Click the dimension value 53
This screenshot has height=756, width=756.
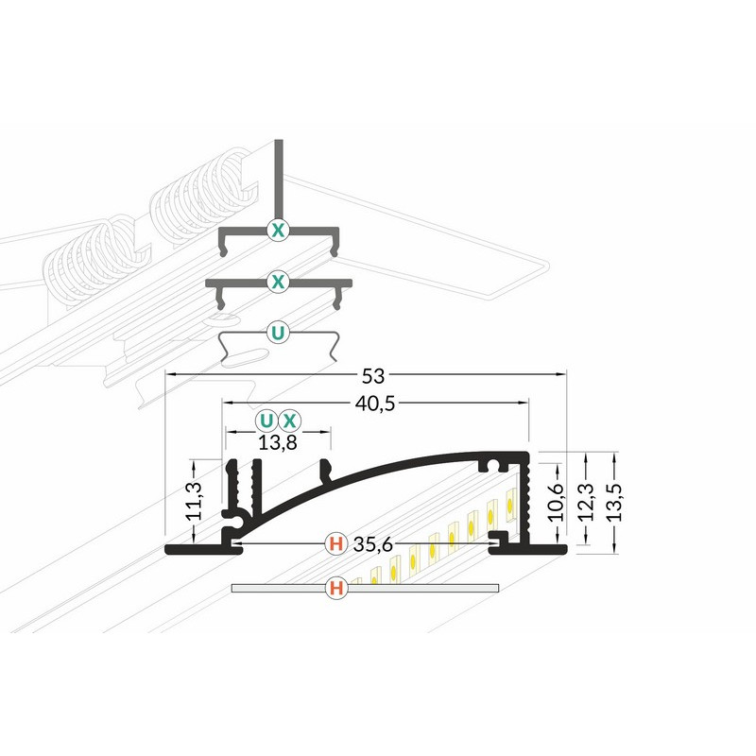(373, 376)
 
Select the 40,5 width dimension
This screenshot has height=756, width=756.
(374, 404)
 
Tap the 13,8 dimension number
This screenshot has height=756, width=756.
(278, 442)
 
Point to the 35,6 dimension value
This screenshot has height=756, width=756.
(373, 545)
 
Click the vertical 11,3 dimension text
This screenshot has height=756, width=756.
(195, 501)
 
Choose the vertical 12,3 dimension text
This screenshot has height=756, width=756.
(586, 502)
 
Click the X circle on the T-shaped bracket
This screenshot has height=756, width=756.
(278, 230)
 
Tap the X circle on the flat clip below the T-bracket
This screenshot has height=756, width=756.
(278, 282)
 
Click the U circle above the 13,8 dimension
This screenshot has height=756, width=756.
(266, 421)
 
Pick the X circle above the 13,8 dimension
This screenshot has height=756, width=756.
(289, 421)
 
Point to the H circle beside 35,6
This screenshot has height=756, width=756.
(336, 544)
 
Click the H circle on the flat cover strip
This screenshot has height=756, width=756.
(336, 588)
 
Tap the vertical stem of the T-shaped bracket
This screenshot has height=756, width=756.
(279, 180)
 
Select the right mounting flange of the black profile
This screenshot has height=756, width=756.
(529, 549)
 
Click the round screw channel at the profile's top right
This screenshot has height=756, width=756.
(493, 465)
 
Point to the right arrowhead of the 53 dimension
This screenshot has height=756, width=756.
(561, 373)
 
